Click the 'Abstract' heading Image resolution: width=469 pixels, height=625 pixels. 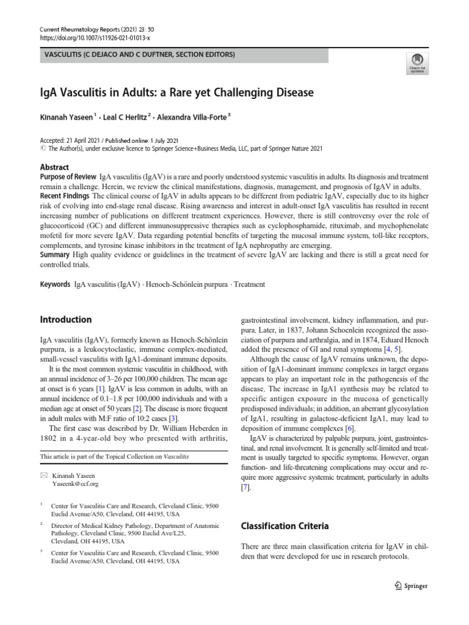[x=54, y=167]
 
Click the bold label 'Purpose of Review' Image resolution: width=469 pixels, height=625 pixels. [x=68, y=176]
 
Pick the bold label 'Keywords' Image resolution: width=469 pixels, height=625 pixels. [x=54, y=284]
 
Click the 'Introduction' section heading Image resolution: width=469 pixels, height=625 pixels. [x=65, y=319]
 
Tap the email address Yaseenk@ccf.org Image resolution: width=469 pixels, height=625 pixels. [x=75, y=483]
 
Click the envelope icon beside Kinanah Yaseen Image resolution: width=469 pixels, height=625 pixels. [x=43, y=474]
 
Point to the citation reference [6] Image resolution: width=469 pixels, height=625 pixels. [x=349, y=429]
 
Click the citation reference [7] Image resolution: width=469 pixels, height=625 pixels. [x=246, y=488]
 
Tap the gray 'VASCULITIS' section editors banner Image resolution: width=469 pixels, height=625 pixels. [x=184, y=56]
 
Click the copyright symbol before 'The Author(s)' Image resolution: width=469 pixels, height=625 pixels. [x=42, y=148]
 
